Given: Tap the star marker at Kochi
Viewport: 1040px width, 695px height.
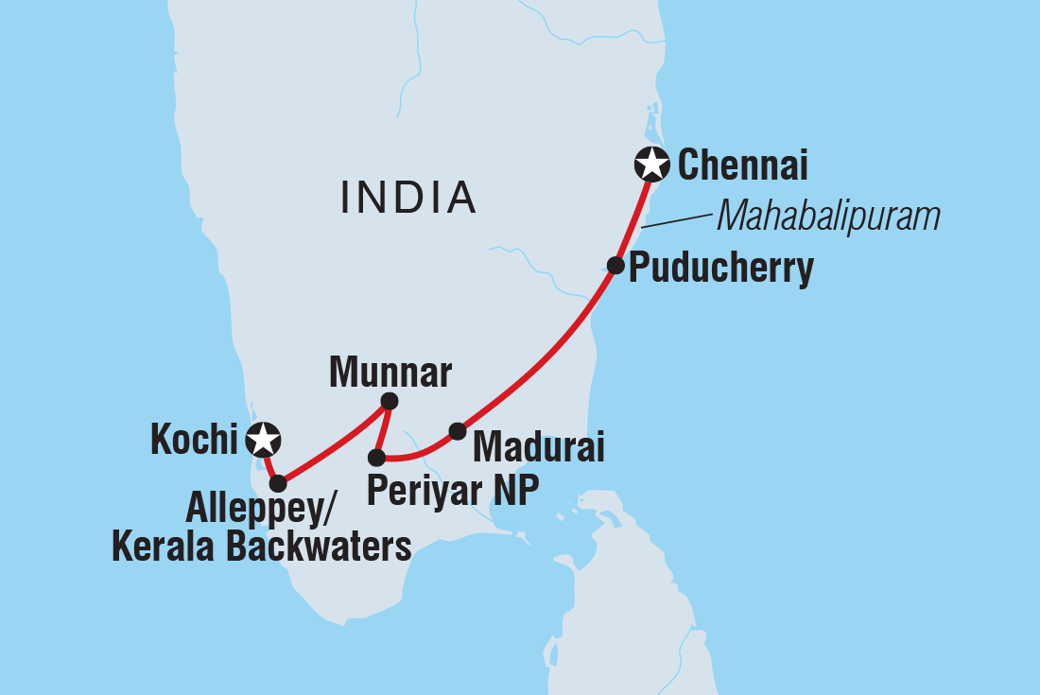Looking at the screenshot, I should point(262,439).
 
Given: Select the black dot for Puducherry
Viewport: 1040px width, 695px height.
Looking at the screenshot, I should point(615,266).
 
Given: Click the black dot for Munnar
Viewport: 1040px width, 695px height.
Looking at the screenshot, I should point(389,402).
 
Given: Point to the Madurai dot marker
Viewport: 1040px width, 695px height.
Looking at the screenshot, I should point(457,431).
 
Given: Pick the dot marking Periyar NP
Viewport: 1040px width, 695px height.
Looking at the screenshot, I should point(376,458).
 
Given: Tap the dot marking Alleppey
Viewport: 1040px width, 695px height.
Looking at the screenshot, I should point(277,483).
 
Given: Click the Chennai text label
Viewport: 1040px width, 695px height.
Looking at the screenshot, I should point(743,166).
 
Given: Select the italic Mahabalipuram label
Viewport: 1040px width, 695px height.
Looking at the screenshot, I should point(828,217).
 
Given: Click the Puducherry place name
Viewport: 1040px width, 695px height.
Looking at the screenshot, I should point(720,269).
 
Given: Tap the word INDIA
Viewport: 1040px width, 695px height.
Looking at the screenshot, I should point(407,197).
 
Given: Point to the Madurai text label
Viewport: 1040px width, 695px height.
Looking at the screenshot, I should point(538,444).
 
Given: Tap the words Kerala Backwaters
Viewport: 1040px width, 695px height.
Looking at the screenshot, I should point(262,548).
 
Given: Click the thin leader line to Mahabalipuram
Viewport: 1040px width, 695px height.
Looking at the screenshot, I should point(675,221).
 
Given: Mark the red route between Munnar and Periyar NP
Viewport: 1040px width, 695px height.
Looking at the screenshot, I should point(382,430).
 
